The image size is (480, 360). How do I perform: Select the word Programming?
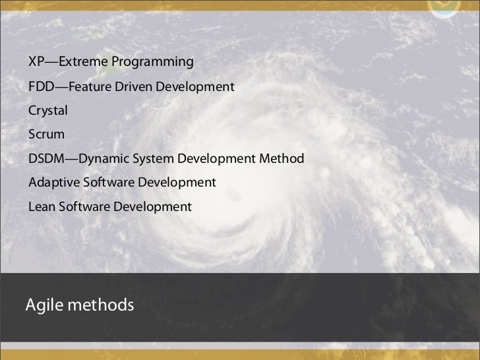[152, 63]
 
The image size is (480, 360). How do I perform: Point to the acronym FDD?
[40, 86]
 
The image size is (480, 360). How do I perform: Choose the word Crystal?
[47, 111]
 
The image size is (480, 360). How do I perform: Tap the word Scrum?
[46, 135]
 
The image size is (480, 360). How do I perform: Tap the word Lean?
[42, 207]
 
